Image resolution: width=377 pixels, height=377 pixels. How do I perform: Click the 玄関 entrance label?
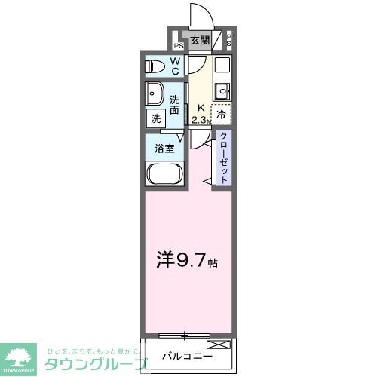point(199,41)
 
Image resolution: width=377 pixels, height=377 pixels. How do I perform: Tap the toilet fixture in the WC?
point(154,66)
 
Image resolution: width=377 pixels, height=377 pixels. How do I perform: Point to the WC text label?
point(174,66)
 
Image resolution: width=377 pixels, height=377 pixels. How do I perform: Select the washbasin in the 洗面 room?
point(156,96)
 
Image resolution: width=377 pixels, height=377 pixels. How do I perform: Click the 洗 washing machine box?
point(155,118)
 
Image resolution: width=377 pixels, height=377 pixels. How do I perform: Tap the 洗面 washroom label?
point(175,105)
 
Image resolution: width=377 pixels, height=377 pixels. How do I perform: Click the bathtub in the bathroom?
point(164,176)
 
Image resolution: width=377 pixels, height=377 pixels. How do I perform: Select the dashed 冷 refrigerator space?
point(221,115)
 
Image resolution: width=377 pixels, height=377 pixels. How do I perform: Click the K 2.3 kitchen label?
point(199,114)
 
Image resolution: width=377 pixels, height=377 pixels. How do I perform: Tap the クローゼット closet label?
point(224,157)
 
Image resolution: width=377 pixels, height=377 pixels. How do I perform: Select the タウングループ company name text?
point(94,363)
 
